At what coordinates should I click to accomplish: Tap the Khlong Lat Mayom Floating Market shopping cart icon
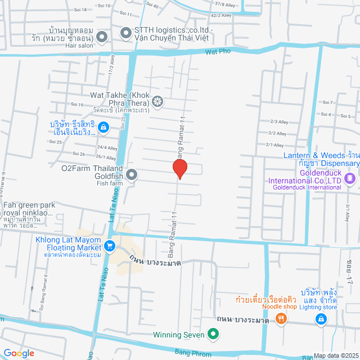110,245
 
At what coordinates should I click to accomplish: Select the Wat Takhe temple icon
158,102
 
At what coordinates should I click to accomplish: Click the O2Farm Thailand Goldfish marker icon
132,175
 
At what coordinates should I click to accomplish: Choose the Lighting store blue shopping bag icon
321,319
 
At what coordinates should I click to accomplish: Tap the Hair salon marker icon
102,38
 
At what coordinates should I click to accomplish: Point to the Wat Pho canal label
219,52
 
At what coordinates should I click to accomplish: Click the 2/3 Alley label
278,121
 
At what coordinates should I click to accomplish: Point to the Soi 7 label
328,102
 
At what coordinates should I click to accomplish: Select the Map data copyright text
336,355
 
